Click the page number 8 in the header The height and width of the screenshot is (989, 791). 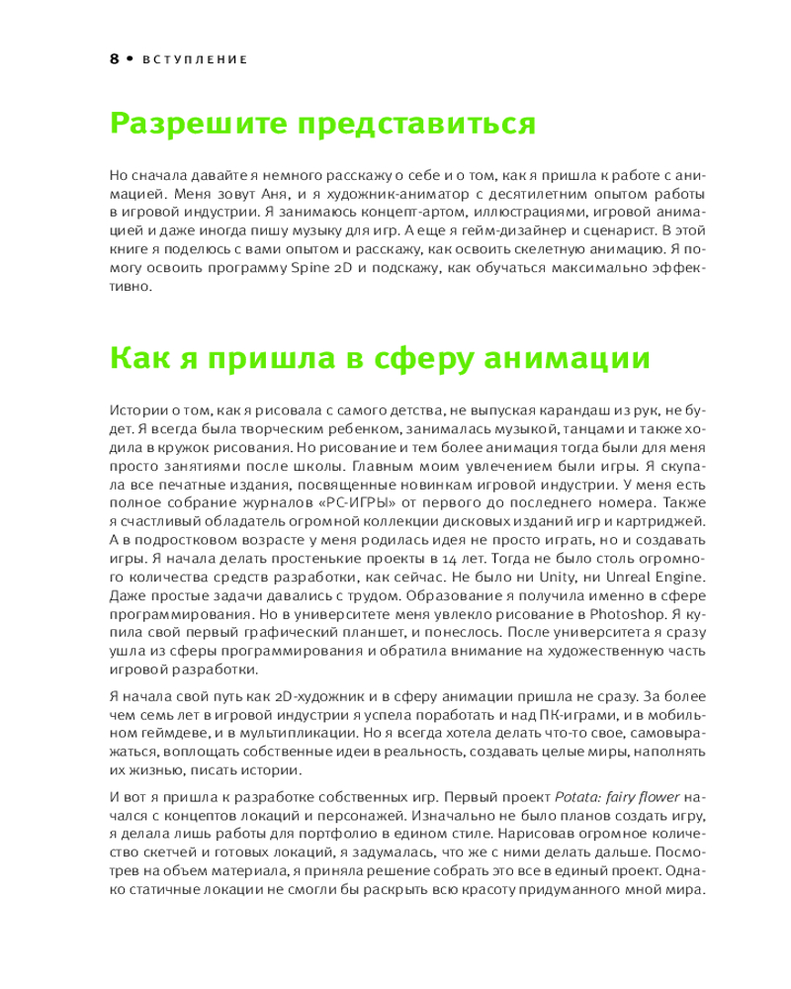pos(114,58)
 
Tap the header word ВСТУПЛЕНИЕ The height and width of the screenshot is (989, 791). pos(194,59)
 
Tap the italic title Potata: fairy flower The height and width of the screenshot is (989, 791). pos(613,796)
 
